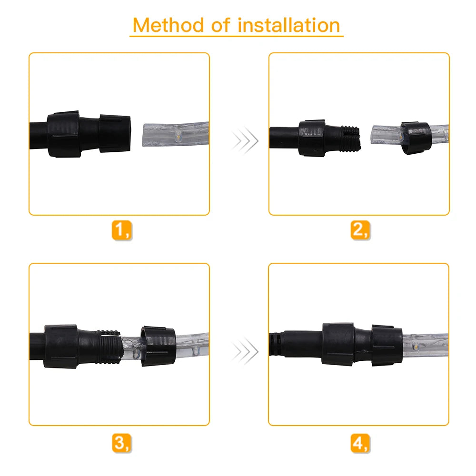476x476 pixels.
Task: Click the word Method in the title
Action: click(168, 25)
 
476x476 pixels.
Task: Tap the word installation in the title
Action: click(289, 25)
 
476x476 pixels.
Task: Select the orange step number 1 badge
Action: click(122, 230)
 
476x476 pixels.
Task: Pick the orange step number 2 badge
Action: click(360, 230)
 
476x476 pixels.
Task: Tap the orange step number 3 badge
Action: click(122, 443)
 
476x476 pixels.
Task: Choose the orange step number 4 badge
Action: click(360, 443)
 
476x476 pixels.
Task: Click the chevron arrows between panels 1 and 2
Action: click(245, 140)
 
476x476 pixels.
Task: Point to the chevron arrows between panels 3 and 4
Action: click(245, 351)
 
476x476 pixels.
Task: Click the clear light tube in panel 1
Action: click(176, 134)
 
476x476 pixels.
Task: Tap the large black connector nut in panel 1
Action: click(63, 134)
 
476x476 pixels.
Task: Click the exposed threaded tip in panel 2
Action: click(351, 139)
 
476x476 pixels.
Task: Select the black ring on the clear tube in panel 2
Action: click(416, 138)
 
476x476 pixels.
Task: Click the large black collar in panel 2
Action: click(312, 138)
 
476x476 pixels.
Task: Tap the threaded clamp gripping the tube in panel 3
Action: click(109, 347)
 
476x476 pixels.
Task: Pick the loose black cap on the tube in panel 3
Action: click(158, 346)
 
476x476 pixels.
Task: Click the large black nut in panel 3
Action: click(61, 347)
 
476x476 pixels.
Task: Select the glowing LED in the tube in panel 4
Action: click(415, 346)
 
